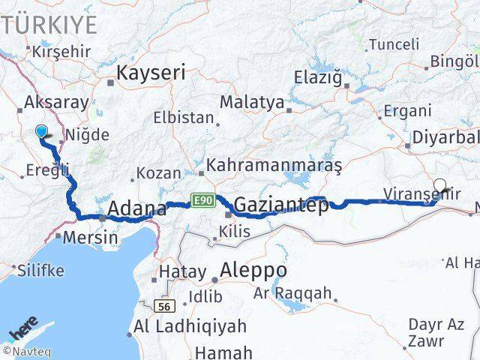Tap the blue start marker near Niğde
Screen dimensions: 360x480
click(41, 132)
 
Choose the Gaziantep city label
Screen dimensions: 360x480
click(281, 205)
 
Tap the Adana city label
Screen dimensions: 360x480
click(137, 208)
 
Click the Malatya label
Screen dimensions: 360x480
click(251, 101)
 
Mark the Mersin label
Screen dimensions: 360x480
click(90, 238)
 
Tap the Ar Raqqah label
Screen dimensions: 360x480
click(302, 293)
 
